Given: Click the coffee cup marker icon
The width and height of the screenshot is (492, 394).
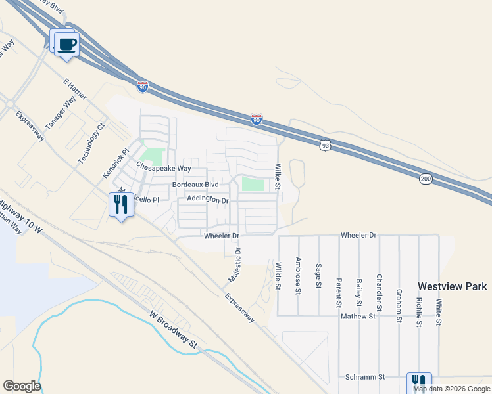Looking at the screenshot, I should [x=67, y=45].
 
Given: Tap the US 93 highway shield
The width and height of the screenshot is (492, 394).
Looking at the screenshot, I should [x=324, y=146].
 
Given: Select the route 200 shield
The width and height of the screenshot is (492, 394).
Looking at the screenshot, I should [x=426, y=178].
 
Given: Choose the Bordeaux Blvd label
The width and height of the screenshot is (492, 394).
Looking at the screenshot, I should [x=195, y=185].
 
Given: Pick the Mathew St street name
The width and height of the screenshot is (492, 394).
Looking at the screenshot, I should [x=357, y=316].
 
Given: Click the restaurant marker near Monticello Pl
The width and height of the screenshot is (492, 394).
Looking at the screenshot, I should [x=121, y=205].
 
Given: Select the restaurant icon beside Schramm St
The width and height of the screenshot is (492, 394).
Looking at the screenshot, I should [x=418, y=383].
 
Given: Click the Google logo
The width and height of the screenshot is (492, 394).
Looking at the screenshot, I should [x=22, y=386].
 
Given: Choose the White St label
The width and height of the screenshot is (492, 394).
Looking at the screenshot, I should [x=438, y=308].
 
